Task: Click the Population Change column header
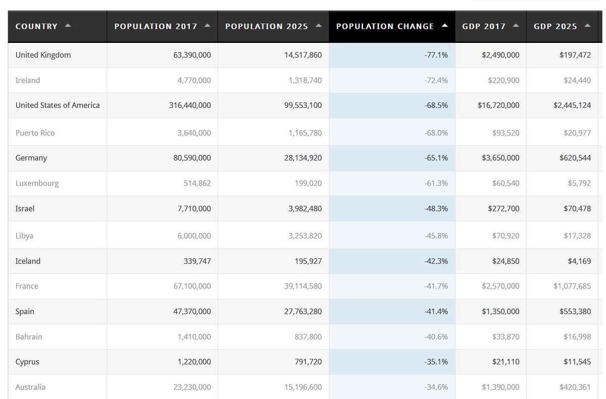click(x=385, y=26)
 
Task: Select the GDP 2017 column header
click(x=484, y=26)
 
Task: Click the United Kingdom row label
click(x=43, y=55)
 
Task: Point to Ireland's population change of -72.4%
click(x=436, y=80)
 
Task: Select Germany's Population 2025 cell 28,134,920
click(x=294, y=158)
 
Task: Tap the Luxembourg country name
click(x=37, y=183)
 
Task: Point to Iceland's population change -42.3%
click(x=436, y=261)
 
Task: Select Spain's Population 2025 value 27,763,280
click(x=294, y=311)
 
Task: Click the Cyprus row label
click(x=27, y=362)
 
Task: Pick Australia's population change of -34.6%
click(x=436, y=387)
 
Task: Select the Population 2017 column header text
click(x=156, y=26)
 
